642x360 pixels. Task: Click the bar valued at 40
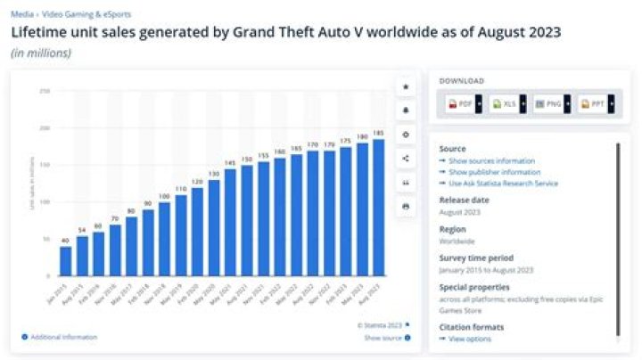pos(65,260)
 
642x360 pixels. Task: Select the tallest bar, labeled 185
pos(378,208)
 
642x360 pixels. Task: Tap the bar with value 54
pos(82,256)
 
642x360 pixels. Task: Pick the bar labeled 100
pos(163,239)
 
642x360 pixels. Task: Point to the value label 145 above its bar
pos(230,163)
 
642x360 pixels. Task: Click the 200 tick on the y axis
pos(45,127)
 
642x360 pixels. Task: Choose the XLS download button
pos(504,104)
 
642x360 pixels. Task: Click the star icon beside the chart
pos(407,87)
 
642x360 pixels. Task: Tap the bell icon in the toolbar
pos(407,111)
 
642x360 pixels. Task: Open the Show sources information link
pos(485,160)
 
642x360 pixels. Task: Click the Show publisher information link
pos(492,172)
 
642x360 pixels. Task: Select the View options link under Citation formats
pos(469,340)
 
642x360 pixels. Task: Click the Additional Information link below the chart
pos(62,337)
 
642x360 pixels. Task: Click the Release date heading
pos(464,200)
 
